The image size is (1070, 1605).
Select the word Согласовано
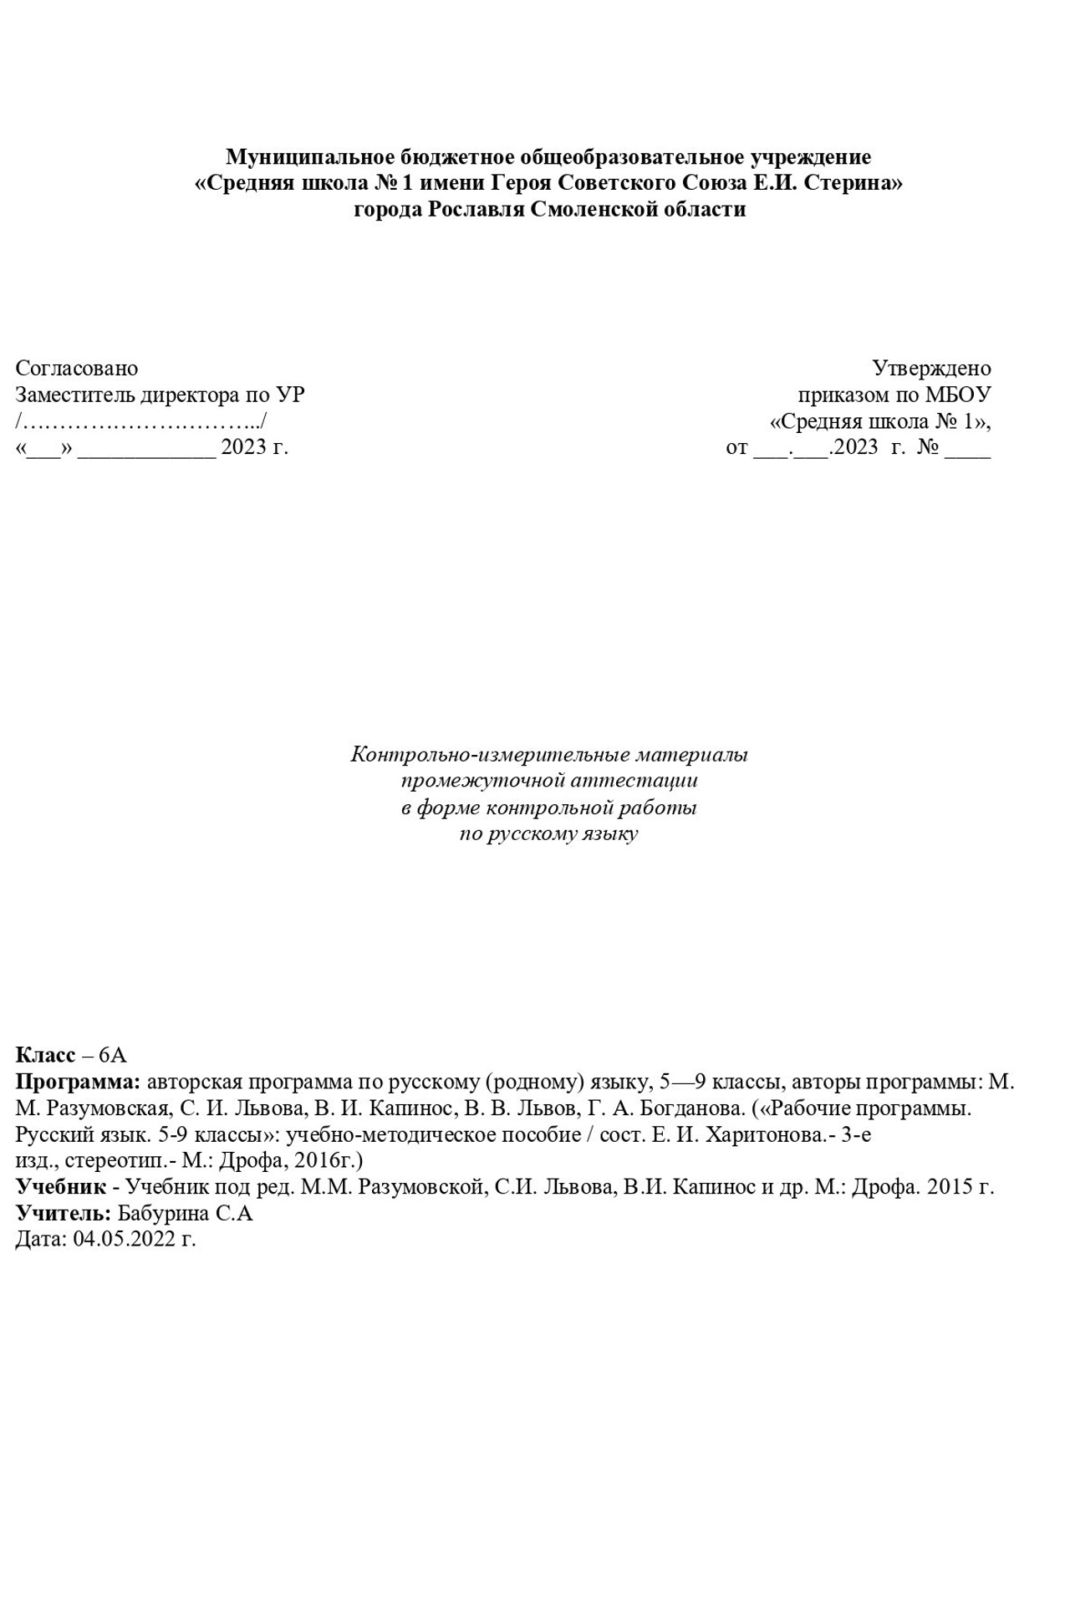(x=77, y=369)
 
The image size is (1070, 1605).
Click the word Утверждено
(x=931, y=369)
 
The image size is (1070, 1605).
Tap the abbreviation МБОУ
(x=958, y=395)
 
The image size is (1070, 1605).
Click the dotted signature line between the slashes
(x=141, y=421)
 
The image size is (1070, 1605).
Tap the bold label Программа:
(x=79, y=1083)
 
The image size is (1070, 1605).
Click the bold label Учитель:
(x=64, y=1214)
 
